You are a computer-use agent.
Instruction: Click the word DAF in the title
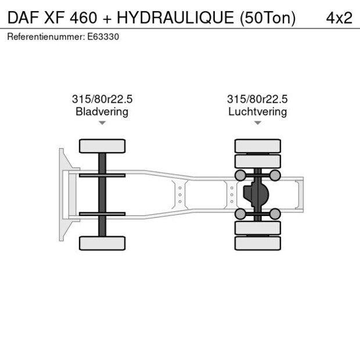(x=23, y=17)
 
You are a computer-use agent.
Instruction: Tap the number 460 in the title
(x=82, y=17)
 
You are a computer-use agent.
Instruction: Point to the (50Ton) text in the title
(x=267, y=17)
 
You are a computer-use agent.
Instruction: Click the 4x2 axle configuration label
(x=339, y=17)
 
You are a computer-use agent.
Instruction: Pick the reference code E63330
(x=103, y=37)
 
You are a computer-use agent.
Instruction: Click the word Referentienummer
(x=46, y=37)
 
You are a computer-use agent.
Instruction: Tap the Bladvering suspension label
(x=102, y=111)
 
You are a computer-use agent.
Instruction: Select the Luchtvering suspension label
(x=257, y=111)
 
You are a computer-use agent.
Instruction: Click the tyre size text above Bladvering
(x=102, y=99)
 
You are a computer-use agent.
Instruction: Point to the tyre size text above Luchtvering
(x=257, y=99)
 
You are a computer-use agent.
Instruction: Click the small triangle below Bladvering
(x=102, y=123)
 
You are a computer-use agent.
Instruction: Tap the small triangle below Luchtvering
(x=257, y=123)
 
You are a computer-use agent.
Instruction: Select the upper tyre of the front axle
(x=102, y=146)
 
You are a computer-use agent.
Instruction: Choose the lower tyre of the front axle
(x=102, y=243)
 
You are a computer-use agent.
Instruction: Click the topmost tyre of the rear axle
(x=257, y=146)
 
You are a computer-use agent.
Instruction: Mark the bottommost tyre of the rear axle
(x=257, y=243)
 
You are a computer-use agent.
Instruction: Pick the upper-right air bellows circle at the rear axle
(x=275, y=175)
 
